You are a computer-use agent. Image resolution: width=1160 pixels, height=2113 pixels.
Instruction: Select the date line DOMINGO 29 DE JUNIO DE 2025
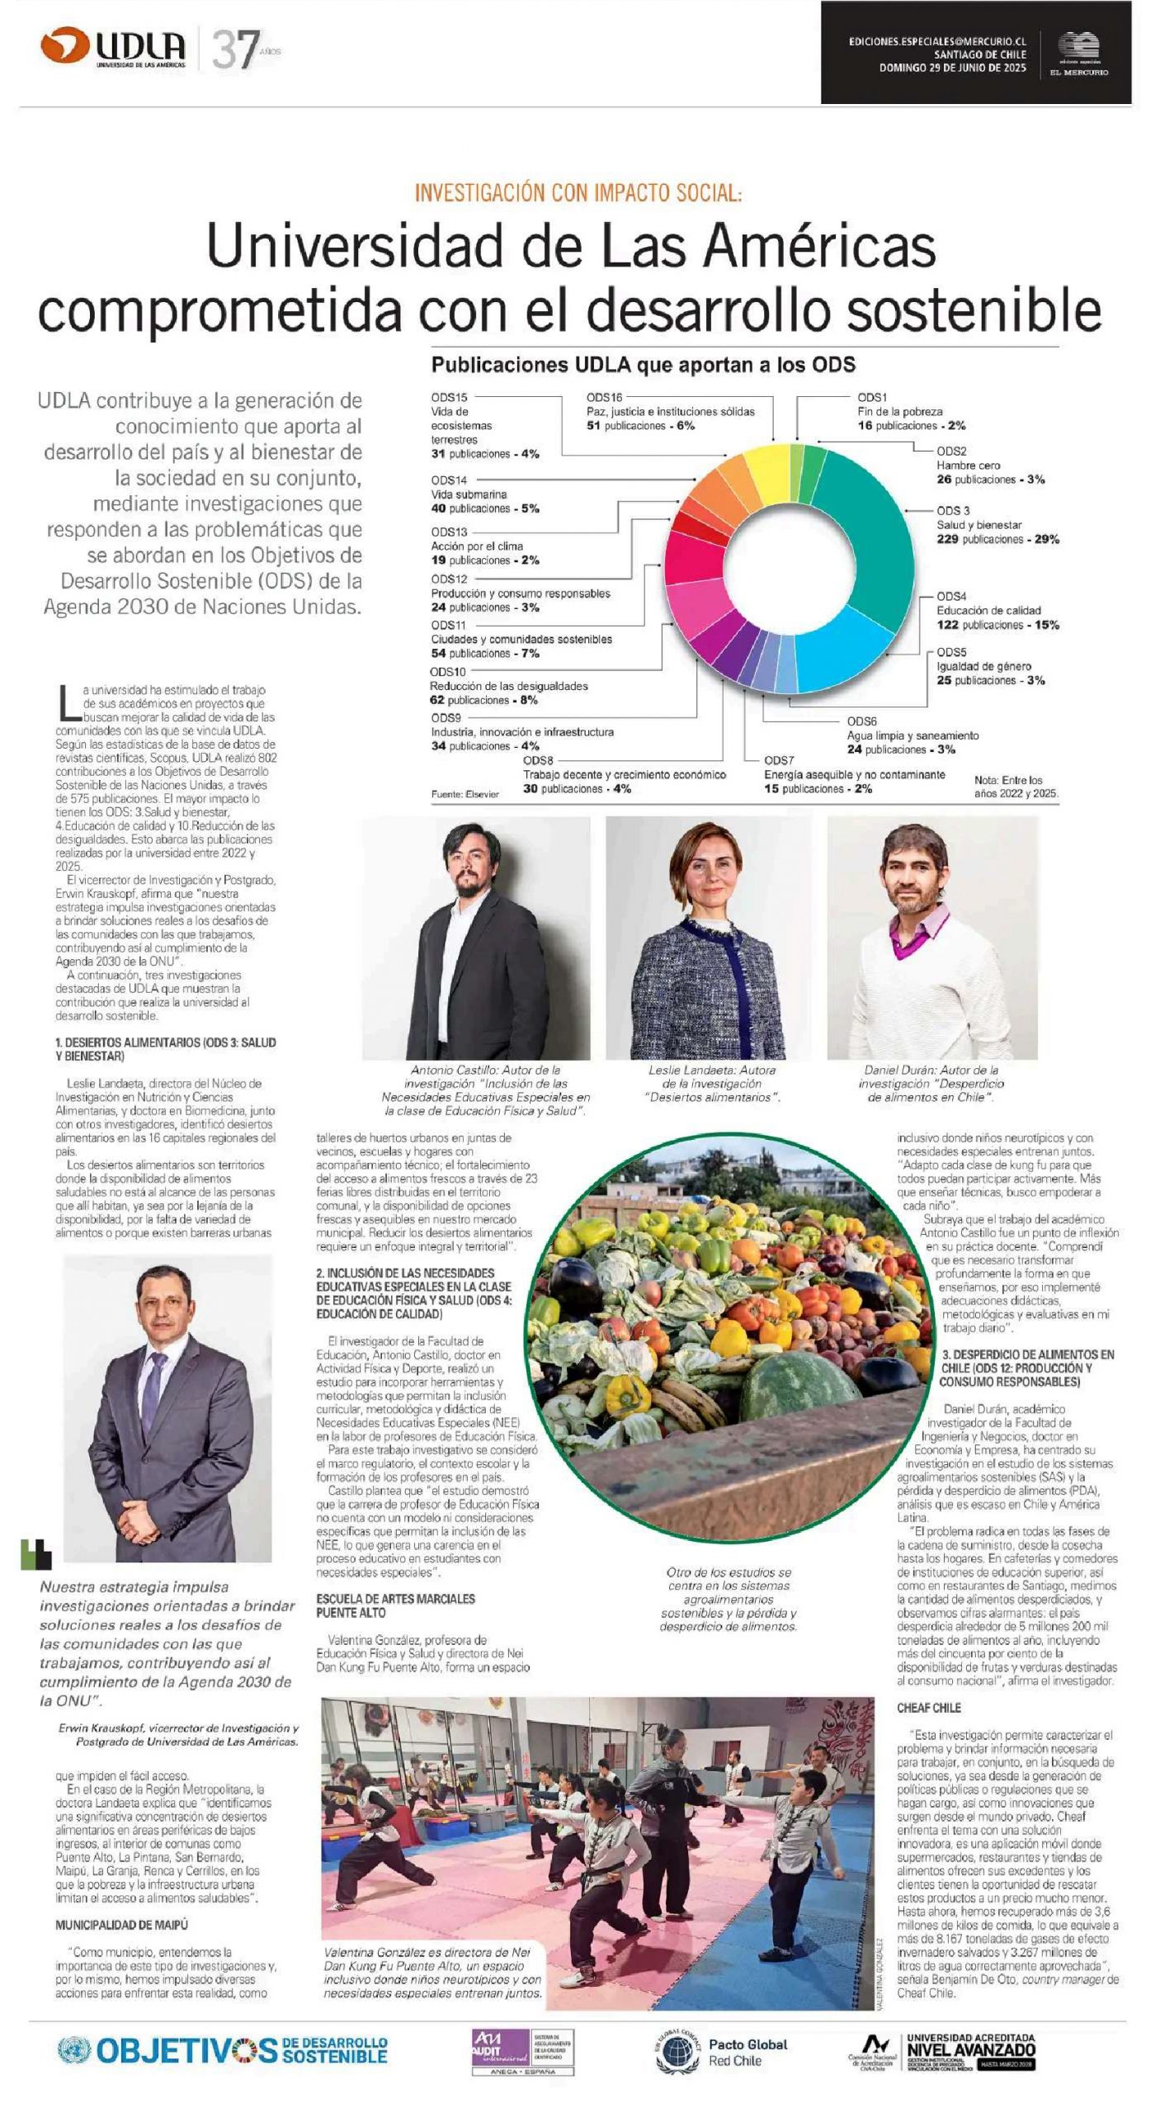coord(952,69)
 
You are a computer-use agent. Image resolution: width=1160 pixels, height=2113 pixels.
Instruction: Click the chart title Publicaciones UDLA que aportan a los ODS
coord(643,365)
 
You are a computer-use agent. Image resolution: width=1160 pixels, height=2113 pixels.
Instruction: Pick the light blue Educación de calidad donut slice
coord(842,652)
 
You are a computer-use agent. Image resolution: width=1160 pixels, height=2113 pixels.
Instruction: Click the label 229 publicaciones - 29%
coord(997,539)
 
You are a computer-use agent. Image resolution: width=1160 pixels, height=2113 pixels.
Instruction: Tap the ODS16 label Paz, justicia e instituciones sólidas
coord(670,411)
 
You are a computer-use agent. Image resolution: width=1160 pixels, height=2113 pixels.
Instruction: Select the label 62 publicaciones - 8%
coord(483,700)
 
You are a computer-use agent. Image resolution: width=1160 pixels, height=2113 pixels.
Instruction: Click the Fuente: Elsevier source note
coord(464,794)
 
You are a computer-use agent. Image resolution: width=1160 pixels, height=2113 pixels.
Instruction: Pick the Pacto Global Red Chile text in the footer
coord(747,2053)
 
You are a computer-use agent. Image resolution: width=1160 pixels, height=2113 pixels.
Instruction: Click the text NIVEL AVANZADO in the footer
coord(970,2049)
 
